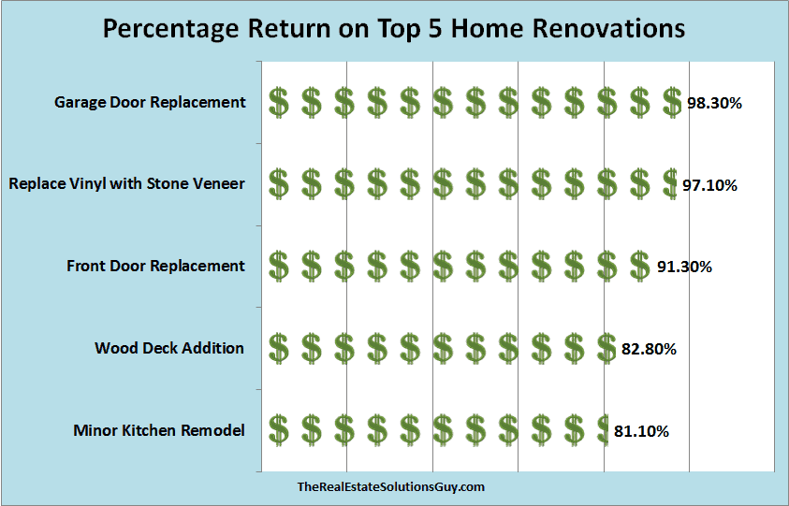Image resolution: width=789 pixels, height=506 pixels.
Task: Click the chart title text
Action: [x=394, y=29]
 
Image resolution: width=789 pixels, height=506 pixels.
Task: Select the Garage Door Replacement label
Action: [x=150, y=103]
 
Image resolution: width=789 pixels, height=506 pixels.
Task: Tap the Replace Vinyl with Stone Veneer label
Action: [x=126, y=184]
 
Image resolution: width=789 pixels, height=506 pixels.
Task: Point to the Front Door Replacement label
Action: [x=156, y=266]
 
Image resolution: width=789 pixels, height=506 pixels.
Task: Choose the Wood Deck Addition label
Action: [x=169, y=348]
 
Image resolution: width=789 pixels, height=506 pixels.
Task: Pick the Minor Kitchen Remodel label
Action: [x=159, y=430]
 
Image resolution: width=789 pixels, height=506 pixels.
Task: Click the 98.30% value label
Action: [x=714, y=104]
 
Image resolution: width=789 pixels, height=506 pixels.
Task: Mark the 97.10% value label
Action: [x=709, y=185]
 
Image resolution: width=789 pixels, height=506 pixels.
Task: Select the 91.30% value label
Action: [x=684, y=267]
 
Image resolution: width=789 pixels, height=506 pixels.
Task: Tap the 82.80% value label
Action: [x=649, y=349]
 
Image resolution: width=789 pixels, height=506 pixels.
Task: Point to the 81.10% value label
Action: [x=641, y=431]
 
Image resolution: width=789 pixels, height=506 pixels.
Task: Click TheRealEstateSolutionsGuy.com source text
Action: [x=391, y=487]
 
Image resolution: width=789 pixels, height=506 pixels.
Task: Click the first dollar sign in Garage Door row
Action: [x=278, y=102]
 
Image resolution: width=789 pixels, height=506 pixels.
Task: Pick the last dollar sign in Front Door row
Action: [x=639, y=266]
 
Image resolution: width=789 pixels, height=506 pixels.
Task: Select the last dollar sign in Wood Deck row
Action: [x=606, y=348]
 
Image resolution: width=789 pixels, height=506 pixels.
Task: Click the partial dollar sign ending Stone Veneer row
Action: [x=670, y=183]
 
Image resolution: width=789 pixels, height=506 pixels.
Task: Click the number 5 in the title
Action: [x=433, y=29]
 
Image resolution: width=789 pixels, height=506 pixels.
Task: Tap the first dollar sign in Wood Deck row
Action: [x=278, y=348]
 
